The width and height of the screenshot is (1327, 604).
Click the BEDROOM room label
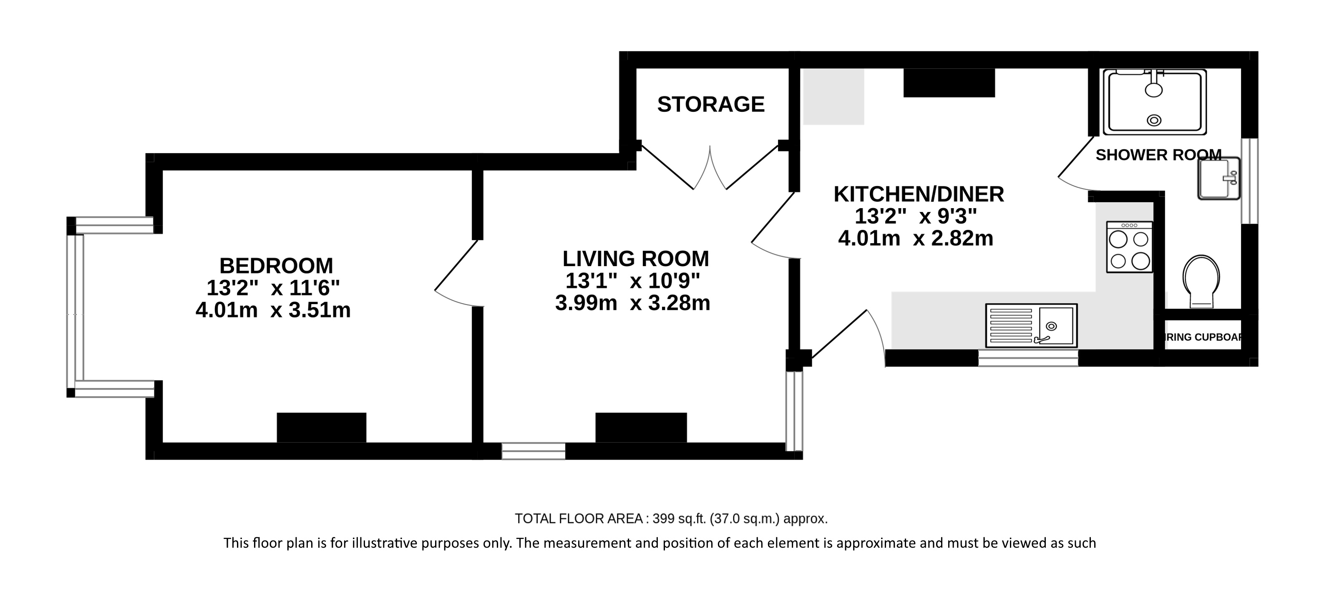pos(276,266)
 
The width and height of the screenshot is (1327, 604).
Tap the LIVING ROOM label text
pos(635,259)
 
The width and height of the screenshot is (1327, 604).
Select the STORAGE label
pos(710,105)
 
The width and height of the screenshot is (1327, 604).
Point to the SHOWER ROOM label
pos(1158,155)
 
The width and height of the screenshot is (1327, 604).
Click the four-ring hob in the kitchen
pos(1129,247)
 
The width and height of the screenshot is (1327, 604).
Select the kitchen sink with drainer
pos(1031,325)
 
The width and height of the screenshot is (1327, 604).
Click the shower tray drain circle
pos(1154,121)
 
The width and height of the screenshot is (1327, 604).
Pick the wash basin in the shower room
pos(1218,179)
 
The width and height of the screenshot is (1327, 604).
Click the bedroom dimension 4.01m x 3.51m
pos(273,310)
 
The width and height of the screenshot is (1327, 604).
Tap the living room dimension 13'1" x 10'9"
pos(632,281)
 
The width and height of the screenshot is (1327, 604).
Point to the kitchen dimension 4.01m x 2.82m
pos(915,239)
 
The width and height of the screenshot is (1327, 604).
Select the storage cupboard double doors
pos(710,167)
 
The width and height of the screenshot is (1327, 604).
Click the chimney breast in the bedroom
pos(322,428)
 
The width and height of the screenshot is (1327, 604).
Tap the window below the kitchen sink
pos(1028,358)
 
